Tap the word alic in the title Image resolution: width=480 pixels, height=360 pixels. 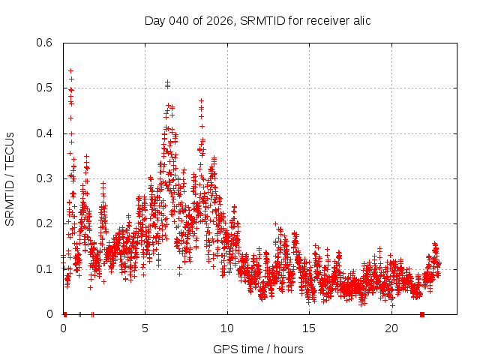tap(359, 20)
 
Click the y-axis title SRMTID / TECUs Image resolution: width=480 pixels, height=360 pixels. tap(10, 178)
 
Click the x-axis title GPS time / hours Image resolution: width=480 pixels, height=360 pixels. tap(258, 349)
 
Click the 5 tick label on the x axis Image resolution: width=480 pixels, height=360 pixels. tap(145, 328)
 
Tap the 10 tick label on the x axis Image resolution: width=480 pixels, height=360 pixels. tap(227, 328)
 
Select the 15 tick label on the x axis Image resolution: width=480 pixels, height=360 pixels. tap(310, 328)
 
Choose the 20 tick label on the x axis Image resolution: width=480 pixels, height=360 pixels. tap(391, 328)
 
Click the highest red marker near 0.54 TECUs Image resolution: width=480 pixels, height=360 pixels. tap(70, 70)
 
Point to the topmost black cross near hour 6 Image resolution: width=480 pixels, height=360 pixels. tap(167, 82)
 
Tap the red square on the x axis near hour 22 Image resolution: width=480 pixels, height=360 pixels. tap(422, 314)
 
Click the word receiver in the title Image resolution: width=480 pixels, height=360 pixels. tap(322, 20)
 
